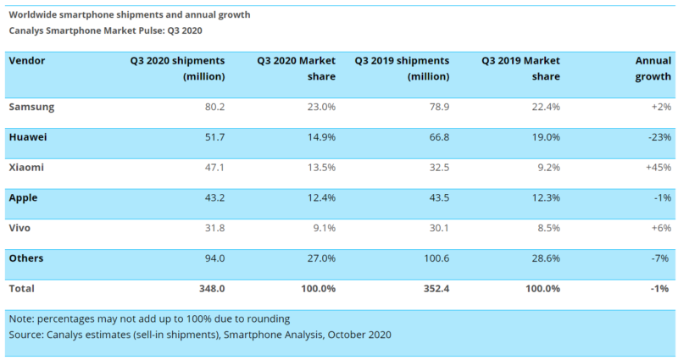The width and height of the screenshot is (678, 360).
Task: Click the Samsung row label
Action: pos(31,108)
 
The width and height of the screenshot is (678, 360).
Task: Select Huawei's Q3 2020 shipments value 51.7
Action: pos(214,137)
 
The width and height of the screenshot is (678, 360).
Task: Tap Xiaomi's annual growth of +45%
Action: pos(659,168)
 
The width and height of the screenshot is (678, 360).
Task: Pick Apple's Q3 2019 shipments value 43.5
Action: pos(439,198)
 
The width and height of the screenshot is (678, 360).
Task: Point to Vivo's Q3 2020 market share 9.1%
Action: pos(325,228)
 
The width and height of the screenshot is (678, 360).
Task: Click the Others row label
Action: pos(26,258)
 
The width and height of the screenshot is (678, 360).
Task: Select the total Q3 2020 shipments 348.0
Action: pos(212,289)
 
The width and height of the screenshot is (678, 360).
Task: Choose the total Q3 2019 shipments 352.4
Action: pos(436,289)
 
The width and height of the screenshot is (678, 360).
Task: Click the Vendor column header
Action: pos(27,60)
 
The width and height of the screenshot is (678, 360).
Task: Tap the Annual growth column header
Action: pos(653,69)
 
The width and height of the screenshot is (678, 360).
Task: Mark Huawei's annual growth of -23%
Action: pos(660,137)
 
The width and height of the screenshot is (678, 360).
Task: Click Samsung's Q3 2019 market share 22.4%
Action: pos(546,108)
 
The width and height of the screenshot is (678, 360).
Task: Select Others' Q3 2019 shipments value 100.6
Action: pos(436,258)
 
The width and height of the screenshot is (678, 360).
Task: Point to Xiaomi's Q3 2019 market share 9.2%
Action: pos(548,168)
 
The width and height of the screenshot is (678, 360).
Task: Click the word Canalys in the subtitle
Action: pos(26,31)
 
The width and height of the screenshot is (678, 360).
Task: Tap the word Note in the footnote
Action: pos(20,319)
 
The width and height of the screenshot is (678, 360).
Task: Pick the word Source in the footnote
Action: pos(26,335)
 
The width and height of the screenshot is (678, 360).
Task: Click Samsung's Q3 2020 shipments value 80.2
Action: pos(214,108)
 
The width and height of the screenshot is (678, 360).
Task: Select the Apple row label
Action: pos(23,198)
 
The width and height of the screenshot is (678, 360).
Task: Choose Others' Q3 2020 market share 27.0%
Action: pos(321,258)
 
